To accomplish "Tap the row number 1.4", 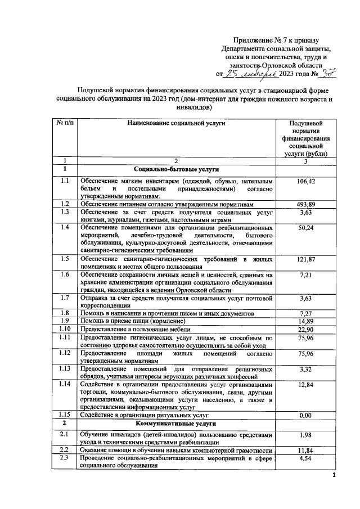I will pos(65,227).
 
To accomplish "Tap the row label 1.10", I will pos(65,328).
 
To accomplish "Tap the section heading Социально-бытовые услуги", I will pos(175,169).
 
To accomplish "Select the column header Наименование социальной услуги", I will pos(175,122).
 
